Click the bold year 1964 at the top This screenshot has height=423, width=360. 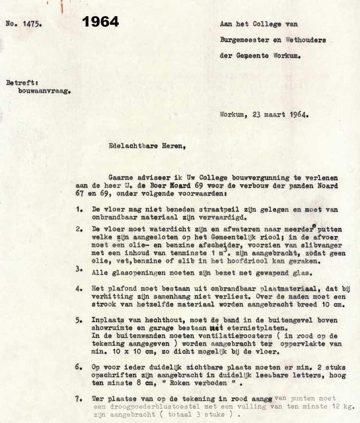(x=100, y=22)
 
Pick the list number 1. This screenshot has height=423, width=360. (x=79, y=209)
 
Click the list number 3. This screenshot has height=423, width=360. (x=79, y=270)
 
